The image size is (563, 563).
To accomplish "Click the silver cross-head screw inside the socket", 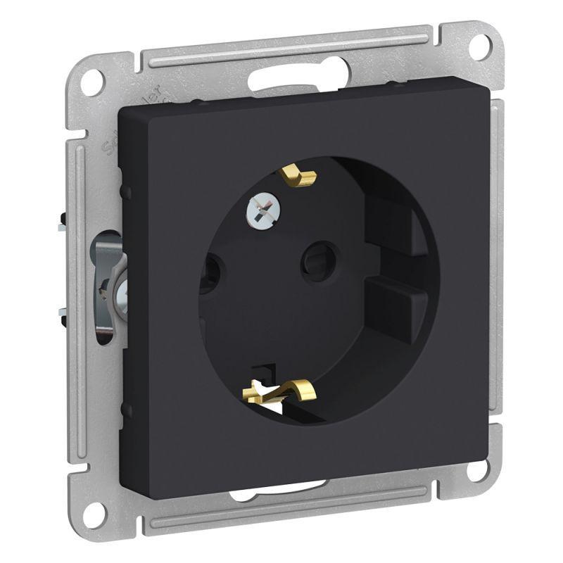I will (x=258, y=209).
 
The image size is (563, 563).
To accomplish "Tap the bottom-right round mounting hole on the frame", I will (x=480, y=470).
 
